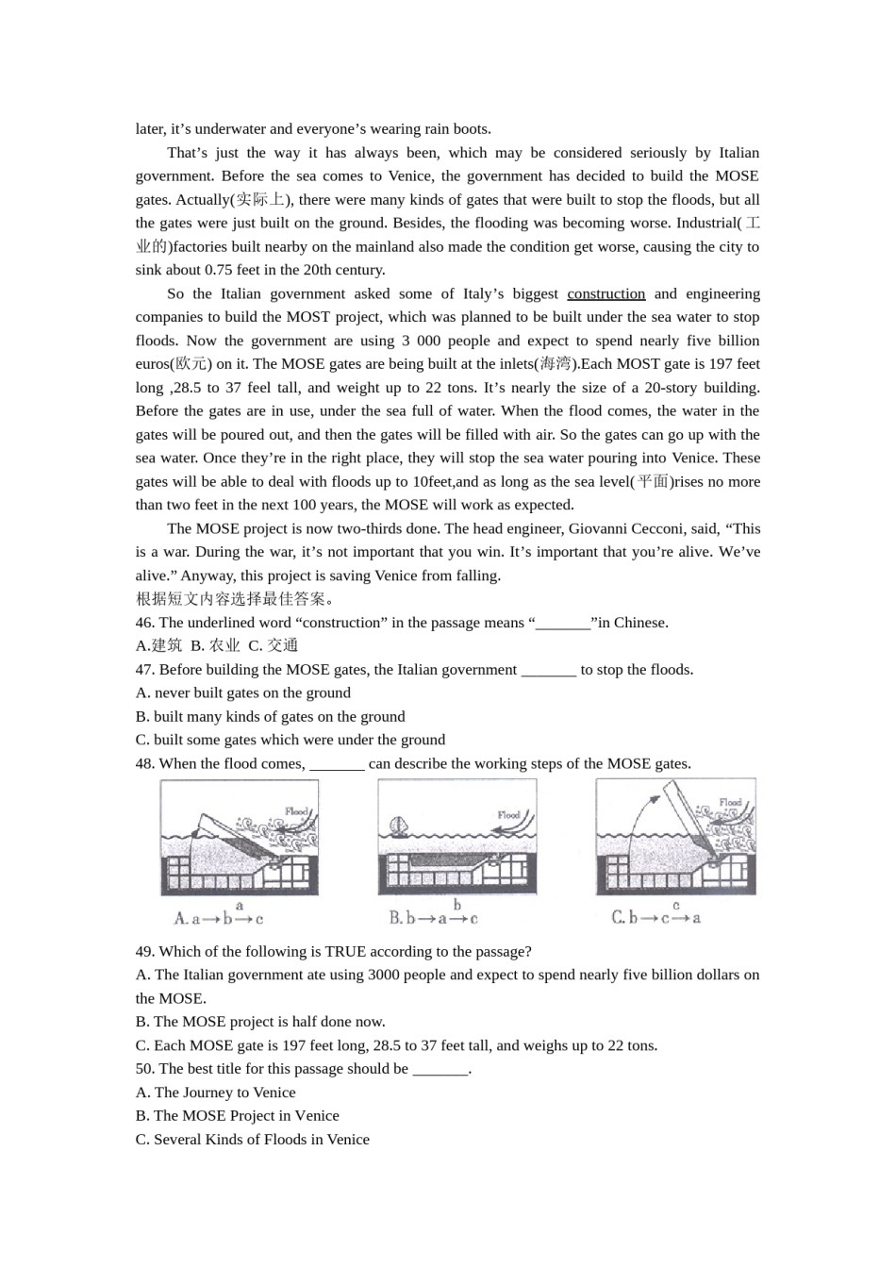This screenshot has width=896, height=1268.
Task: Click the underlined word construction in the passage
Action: (606, 293)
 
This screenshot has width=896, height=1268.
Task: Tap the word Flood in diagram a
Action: (297, 810)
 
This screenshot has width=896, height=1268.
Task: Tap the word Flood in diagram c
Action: (731, 803)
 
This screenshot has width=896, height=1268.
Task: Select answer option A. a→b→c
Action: (219, 918)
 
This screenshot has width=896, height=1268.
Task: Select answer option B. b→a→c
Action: (434, 918)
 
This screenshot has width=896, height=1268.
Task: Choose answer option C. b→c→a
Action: (656, 917)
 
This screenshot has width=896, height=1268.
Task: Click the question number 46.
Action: (145, 623)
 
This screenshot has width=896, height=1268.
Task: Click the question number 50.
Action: (145, 1069)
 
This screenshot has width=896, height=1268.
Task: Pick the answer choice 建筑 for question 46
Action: (166, 646)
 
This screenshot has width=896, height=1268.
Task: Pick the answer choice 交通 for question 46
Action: (282, 646)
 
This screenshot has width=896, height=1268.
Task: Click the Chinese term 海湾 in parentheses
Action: (556, 364)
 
